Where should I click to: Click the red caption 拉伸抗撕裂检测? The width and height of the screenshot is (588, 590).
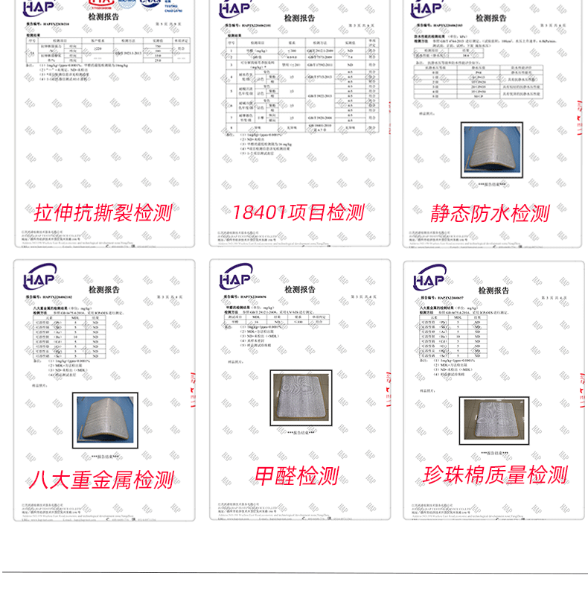[x=103, y=214]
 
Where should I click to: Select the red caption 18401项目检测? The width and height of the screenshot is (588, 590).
[x=298, y=212]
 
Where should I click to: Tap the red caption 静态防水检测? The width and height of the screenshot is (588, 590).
[x=490, y=214]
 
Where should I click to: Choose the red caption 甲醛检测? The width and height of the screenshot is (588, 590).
[x=297, y=476]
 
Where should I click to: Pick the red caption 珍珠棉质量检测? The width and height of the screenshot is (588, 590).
[x=495, y=475]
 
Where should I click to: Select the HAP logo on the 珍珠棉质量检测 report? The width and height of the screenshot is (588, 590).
[x=434, y=279]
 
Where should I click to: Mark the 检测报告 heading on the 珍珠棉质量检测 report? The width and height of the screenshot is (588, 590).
[x=495, y=290]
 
